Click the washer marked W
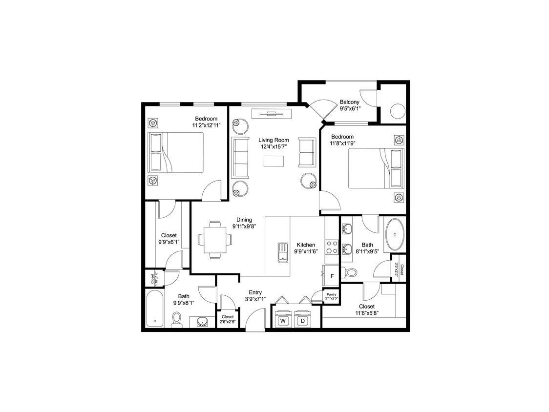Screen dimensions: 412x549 (x=282, y=321)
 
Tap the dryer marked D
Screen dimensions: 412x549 (x=303, y=321)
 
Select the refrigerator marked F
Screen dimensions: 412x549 (x=332, y=276)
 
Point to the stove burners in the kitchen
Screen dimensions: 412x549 (x=332, y=247)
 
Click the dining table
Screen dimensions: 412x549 (x=215, y=240)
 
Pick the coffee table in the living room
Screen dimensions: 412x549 (x=274, y=161)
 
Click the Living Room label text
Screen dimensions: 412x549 (x=274, y=140)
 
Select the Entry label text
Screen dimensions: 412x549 (x=256, y=292)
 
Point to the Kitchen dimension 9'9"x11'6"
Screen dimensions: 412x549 (x=306, y=251)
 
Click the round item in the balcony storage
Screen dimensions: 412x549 (x=397, y=111)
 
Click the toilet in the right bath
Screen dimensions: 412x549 (x=350, y=272)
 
